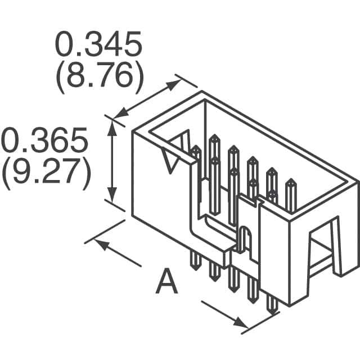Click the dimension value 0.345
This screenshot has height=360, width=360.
pos(97,46)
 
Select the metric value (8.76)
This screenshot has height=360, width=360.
pos(97,79)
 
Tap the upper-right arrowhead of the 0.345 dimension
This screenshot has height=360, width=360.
pos(175,82)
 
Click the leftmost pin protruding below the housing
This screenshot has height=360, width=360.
pos(195,259)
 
